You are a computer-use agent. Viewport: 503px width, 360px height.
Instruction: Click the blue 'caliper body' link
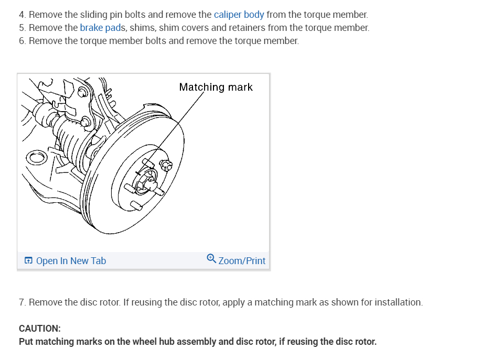point(239,15)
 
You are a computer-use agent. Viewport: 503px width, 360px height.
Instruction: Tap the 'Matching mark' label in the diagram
point(216,87)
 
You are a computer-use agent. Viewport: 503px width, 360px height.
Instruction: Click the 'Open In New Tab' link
point(71,261)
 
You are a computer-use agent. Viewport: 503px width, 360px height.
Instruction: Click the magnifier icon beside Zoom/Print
point(211,258)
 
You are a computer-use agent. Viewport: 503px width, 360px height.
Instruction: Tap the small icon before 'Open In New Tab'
point(28,261)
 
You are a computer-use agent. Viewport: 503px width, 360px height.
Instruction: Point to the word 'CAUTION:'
point(39,329)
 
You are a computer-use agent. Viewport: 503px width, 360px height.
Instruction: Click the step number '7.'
point(22,302)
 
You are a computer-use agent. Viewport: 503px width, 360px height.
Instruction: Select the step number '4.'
point(22,15)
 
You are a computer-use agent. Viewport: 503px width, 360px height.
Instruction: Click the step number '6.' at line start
point(22,41)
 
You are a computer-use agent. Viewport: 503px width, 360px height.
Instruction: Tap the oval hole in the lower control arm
point(36,157)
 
